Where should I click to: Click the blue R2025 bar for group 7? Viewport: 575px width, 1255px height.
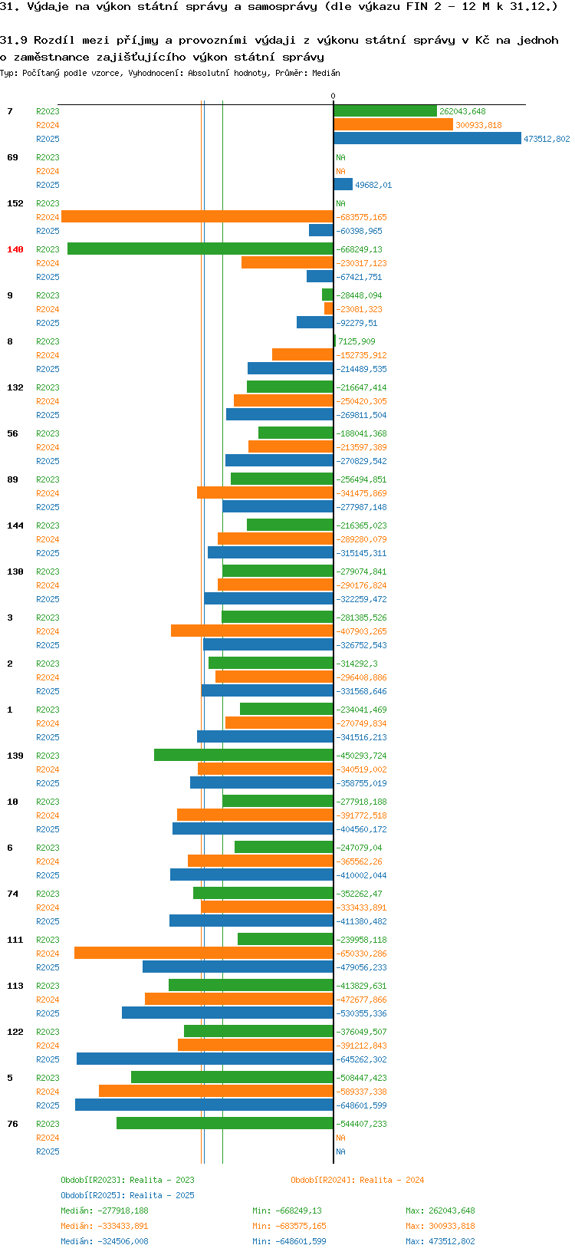(x=427, y=138)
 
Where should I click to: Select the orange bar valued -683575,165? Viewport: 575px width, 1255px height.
(x=197, y=217)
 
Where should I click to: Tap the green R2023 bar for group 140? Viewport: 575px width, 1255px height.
(x=200, y=249)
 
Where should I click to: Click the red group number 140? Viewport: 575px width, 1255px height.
(x=15, y=249)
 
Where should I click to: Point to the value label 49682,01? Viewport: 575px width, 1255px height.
(x=373, y=185)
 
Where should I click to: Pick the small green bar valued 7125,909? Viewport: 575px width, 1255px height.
(x=335, y=341)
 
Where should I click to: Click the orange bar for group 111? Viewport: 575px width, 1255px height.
(x=204, y=953)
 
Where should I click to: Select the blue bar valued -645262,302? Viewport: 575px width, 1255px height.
(x=205, y=1059)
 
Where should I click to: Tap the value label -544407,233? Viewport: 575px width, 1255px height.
(x=361, y=1123)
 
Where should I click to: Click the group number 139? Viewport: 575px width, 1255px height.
(x=15, y=756)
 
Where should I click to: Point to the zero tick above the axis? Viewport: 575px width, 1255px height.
(x=333, y=96)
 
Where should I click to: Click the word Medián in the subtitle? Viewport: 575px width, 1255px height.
(x=326, y=73)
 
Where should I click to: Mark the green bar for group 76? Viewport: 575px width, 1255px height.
(x=225, y=1123)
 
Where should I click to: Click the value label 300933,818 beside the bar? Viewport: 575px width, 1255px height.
(x=478, y=125)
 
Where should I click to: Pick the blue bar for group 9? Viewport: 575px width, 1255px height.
(x=315, y=322)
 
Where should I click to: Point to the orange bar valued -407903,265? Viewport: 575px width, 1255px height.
(x=252, y=631)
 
